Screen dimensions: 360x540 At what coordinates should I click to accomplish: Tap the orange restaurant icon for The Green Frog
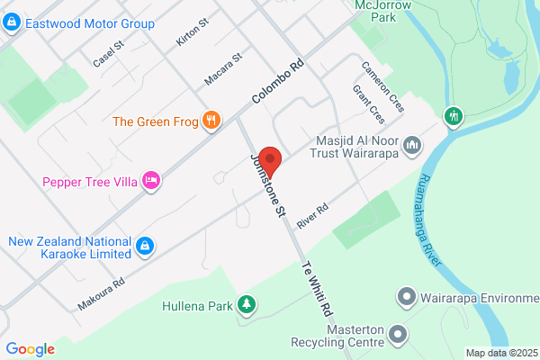[212, 121]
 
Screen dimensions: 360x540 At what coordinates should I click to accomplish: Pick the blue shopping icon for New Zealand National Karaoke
[143, 245]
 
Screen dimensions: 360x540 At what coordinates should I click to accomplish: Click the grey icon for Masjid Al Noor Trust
[413, 145]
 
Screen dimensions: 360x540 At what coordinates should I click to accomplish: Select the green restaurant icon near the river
[454, 116]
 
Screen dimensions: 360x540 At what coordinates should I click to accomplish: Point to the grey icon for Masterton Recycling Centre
[399, 336]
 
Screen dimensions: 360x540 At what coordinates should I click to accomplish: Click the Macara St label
[224, 71]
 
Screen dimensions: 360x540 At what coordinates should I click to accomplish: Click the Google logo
[31, 349]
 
